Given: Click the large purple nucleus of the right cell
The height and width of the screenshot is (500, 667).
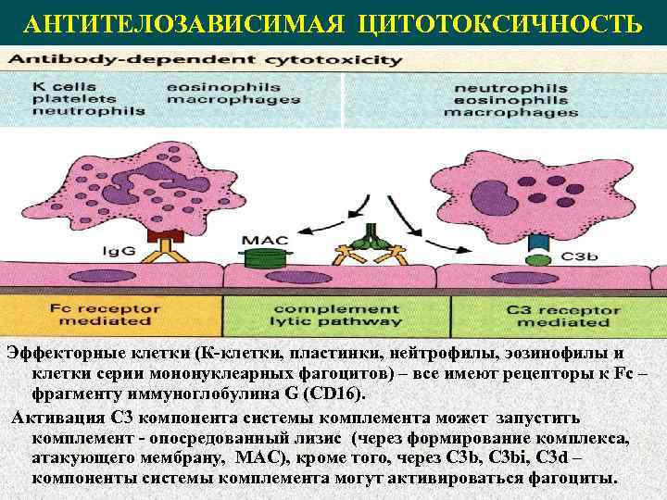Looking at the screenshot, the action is click(498, 194).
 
